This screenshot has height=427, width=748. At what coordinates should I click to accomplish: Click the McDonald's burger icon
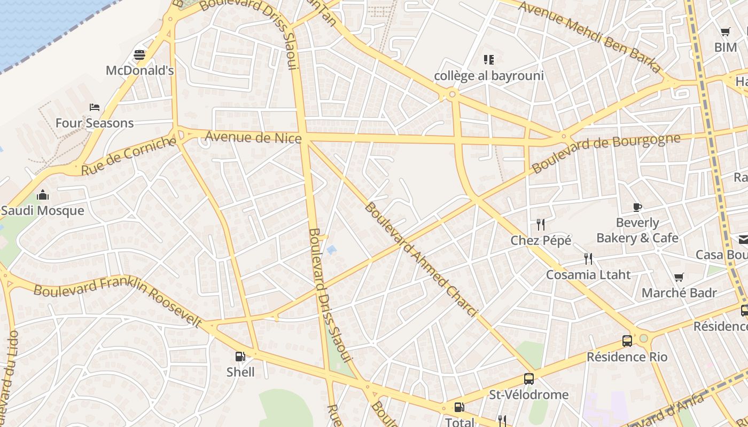139,55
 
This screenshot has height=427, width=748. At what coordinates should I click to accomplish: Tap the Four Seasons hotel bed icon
95,107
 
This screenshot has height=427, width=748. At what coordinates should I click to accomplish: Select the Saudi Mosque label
43,210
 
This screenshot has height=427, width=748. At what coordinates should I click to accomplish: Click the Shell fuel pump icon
240,356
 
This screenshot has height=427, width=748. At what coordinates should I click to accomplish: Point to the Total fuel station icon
459,407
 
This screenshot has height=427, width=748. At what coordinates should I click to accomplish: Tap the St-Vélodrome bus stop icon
528,379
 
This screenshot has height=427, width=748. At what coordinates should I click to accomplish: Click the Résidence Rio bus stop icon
627,341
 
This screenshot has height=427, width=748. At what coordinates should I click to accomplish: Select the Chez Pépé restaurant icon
541,225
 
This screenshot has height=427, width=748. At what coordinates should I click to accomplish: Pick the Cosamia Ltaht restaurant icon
588,259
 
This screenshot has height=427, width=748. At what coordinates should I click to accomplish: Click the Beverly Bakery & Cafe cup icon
637,207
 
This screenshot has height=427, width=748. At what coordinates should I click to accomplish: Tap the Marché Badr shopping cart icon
679,277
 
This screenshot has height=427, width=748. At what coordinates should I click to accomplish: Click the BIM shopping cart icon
725,32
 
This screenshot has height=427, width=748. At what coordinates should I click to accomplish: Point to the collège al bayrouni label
489,76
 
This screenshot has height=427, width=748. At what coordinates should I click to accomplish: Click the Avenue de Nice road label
253,138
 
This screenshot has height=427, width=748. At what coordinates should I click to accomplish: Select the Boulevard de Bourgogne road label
606,153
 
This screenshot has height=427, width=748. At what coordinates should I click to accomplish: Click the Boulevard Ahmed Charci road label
420,259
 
